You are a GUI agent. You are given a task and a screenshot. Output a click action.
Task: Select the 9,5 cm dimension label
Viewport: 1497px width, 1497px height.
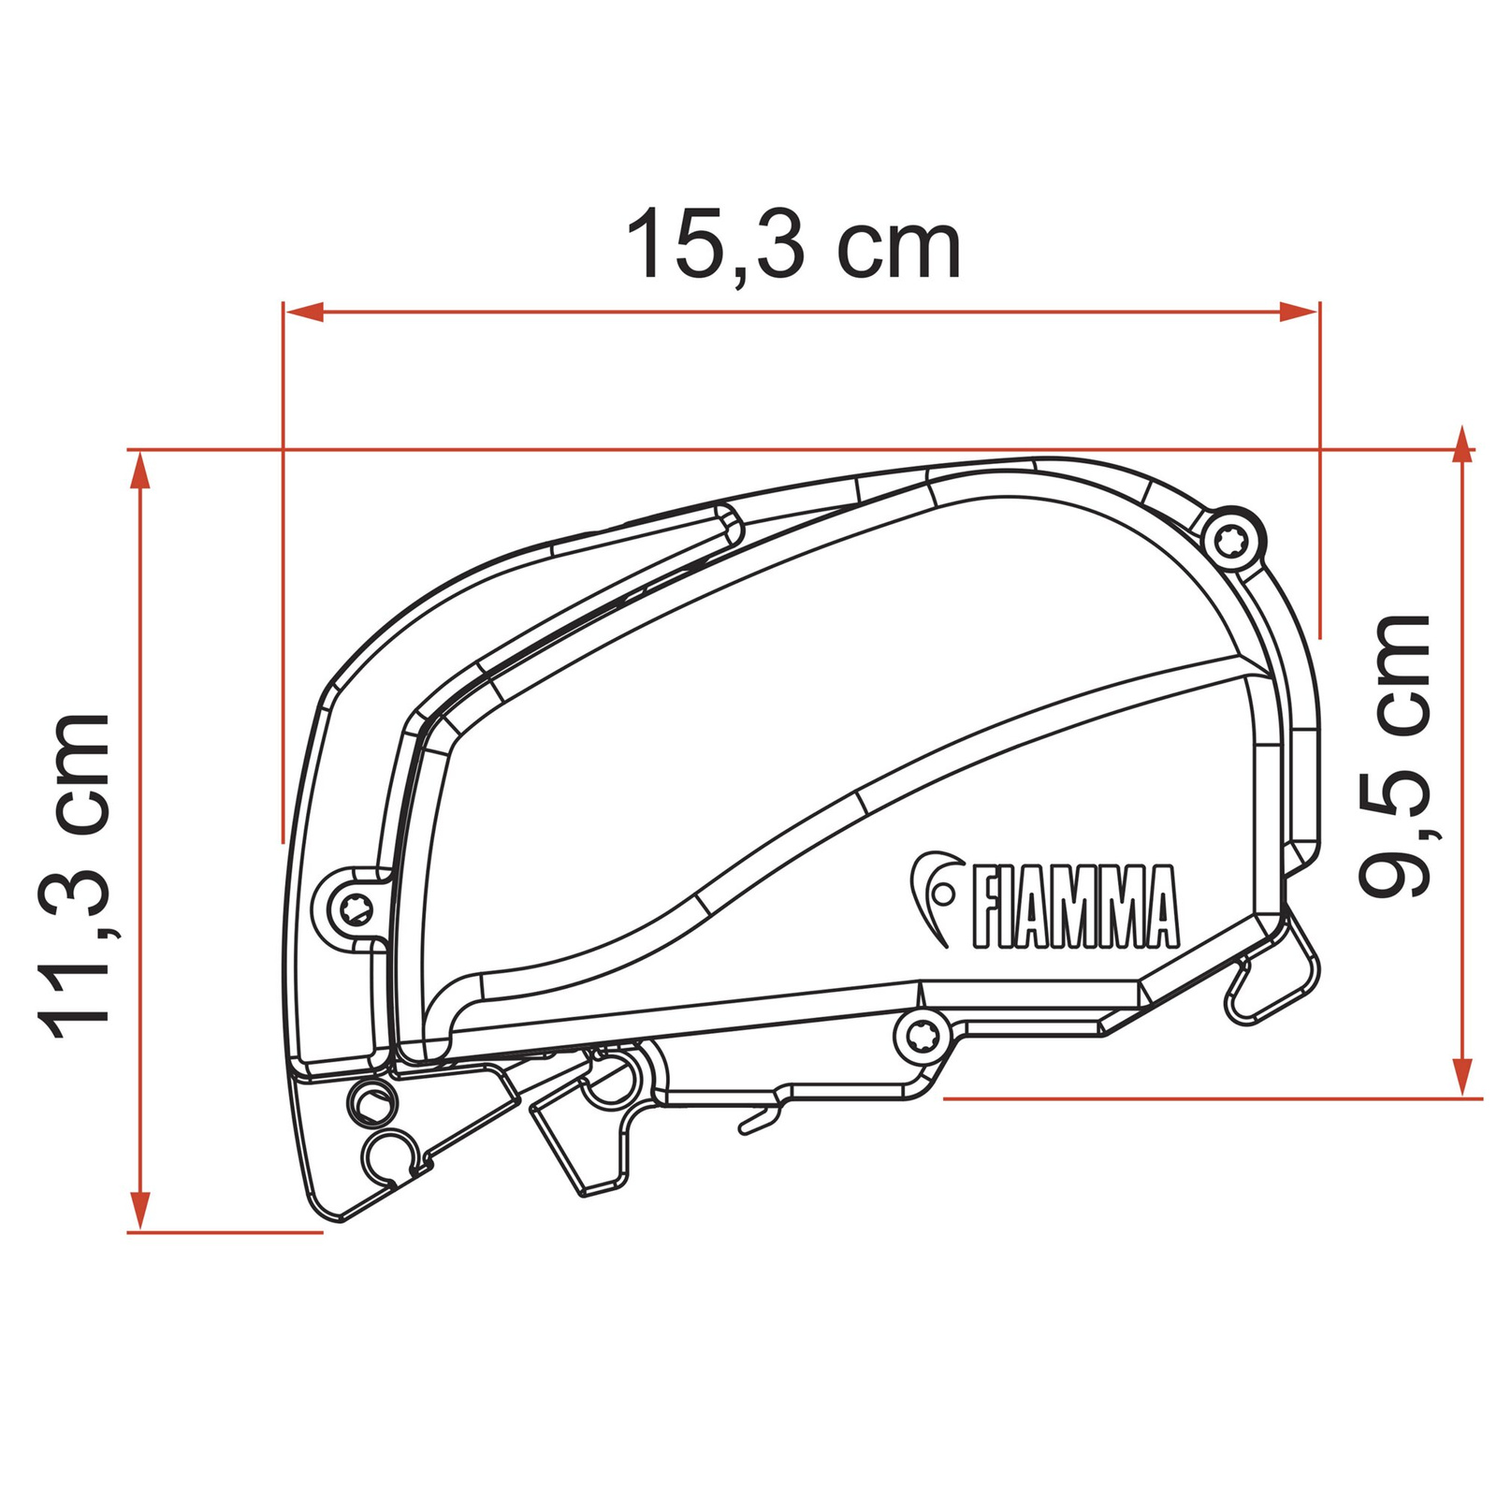[1394, 756]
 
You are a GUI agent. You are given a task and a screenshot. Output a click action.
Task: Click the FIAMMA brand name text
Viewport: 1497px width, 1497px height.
[1075, 906]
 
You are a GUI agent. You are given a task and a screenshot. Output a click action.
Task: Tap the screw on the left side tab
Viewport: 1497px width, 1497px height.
[356, 906]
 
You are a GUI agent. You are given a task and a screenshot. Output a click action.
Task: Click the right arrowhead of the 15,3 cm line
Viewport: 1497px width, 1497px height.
[1299, 312]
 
